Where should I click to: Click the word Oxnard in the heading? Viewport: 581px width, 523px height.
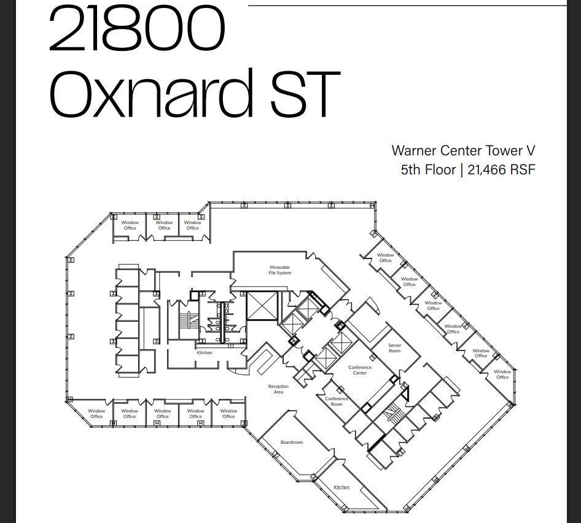(x=151, y=95)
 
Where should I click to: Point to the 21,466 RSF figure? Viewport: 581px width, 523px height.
(x=501, y=170)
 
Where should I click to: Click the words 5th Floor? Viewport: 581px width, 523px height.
(x=428, y=170)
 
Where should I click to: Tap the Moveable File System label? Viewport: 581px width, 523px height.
(x=279, y=270)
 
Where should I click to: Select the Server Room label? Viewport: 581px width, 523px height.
(x=394, y=348)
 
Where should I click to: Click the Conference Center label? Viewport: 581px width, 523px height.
(x=360, y=370)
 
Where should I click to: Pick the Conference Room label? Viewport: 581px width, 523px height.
(x=337, y=401)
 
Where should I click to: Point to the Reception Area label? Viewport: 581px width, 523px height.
(x=278, y=389)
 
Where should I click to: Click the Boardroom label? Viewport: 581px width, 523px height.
(x=292, y=442)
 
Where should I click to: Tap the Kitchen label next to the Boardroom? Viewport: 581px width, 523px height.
(x=341, y=487)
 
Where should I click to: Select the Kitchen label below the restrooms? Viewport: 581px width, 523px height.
(x=205, y=352)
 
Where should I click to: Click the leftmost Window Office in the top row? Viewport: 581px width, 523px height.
(x=130, y=225)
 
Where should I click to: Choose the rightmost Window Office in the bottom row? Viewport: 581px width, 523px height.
(x=228, y=414)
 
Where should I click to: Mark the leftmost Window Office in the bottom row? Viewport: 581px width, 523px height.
(x=96, y=414)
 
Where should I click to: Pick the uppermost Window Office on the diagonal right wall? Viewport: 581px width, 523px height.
(x=386, y=258)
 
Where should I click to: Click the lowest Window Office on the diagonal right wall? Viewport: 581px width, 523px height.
(x=502, y=374)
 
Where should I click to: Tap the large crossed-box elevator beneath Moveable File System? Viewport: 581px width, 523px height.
(x=262, y=305)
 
